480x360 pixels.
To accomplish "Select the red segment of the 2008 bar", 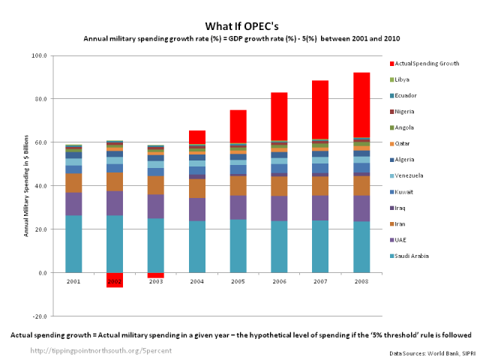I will coord(361,105).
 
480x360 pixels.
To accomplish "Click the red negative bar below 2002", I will coord(115,280).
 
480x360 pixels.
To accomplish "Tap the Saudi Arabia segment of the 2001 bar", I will coord(73,244).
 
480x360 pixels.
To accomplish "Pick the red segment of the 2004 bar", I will coord(197,136).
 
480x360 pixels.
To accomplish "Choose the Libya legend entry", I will coord(409,79).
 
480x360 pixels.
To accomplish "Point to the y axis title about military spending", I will coord(27,186).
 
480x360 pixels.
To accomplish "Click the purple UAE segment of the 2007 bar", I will coord(320,208).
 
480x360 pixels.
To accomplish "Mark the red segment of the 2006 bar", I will coord(279,115).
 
